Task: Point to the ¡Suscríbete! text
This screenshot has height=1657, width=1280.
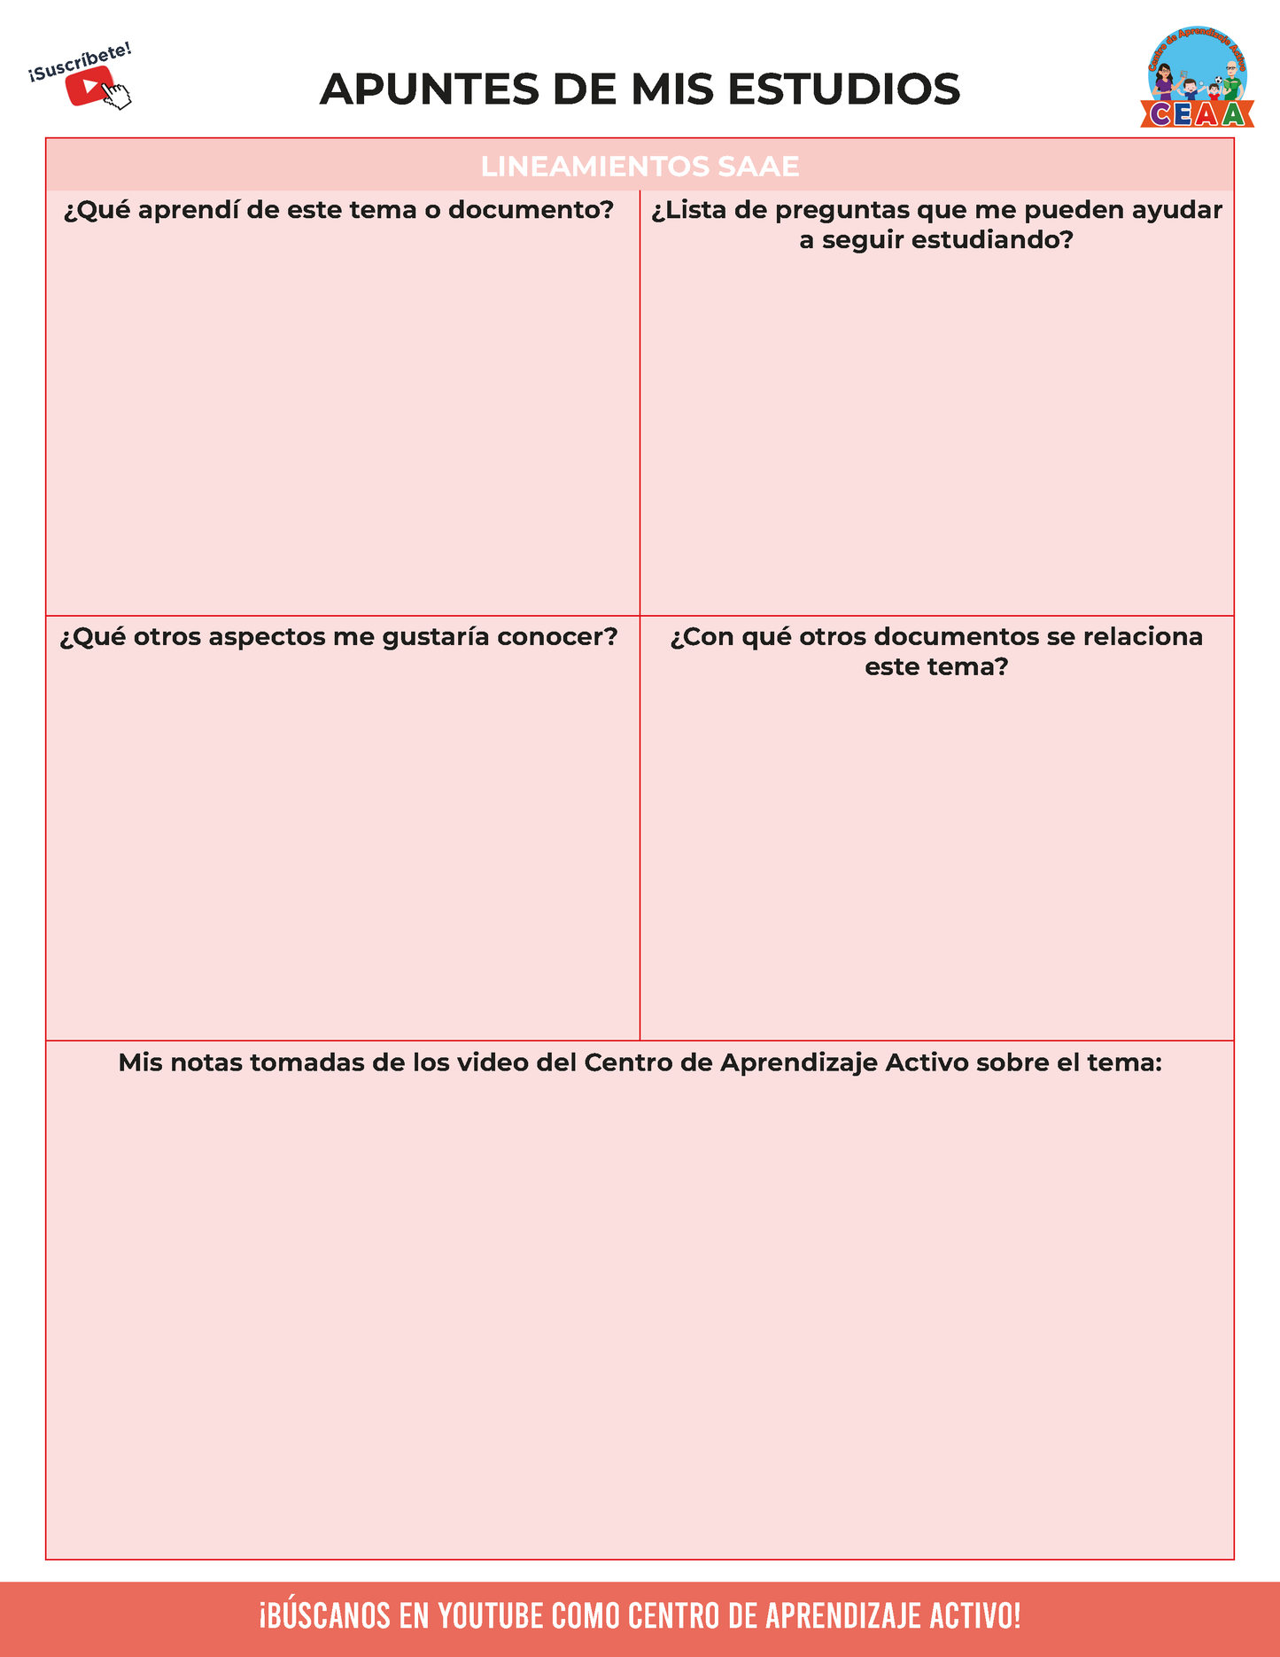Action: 80,62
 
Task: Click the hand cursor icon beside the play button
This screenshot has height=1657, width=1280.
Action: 117,95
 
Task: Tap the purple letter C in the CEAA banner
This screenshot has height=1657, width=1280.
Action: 1160,114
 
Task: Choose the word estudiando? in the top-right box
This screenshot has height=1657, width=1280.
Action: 992,240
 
